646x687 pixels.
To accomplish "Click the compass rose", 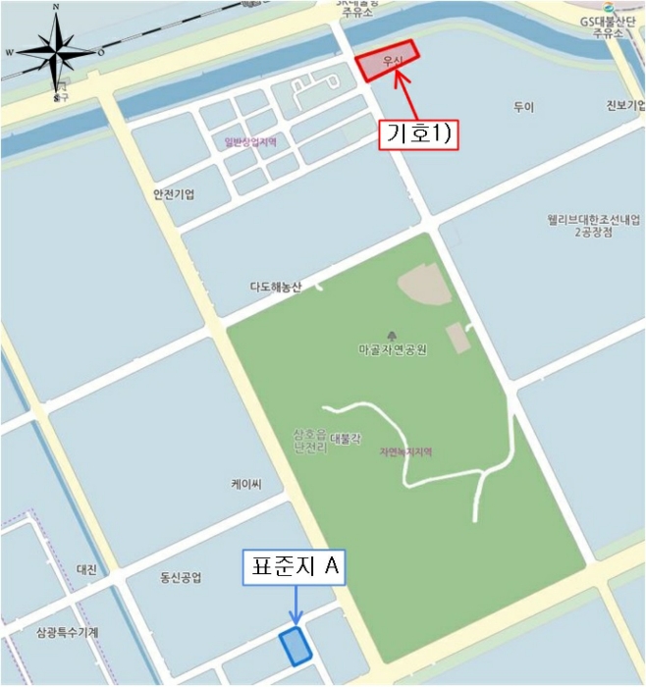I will [x=56, y=52].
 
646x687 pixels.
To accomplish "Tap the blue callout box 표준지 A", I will [x=294, y=567].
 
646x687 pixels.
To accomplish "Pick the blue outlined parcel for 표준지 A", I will [x=295, y=646].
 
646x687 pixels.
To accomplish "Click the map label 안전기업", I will [x=174, y=194].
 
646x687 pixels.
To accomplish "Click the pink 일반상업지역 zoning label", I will [x=250, y=142].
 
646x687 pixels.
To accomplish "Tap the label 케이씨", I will [x=244, y=484].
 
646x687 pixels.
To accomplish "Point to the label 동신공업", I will [x=180, y=578].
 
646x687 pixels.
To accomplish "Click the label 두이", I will [x=522, y=106].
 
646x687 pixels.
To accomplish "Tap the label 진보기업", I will [x=625, y=106].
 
